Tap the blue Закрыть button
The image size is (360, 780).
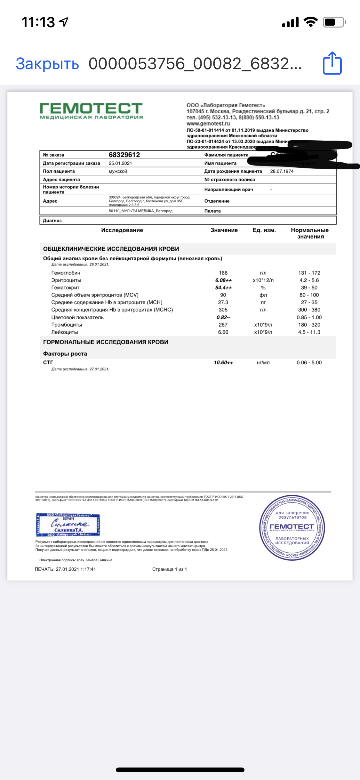click(47, 64)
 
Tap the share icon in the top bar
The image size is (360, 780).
click(332, 63)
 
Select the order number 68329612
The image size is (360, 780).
click(124, 155)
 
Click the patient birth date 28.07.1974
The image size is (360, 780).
click(282, 171)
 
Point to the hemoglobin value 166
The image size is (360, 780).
click(223, 273)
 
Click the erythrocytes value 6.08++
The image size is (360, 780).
click(223, 280)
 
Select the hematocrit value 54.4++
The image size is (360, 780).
click(223, 288)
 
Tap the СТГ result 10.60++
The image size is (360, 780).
click(223, 362)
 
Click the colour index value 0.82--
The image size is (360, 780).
click(223, 317)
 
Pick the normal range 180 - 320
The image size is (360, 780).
click(309, 325)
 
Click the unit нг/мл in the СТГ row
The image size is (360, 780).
click(263, 362)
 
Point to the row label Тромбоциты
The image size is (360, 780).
click(67, 325)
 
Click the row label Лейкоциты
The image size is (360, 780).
click(64, 332)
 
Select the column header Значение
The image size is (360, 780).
click(224, 230)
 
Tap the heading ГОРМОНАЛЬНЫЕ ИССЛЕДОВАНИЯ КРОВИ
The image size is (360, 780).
click(106, 342)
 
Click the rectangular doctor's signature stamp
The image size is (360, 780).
click(68, 525)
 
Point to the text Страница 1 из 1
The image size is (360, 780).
click(170, 569)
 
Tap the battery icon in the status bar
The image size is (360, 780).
click(334, 22)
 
